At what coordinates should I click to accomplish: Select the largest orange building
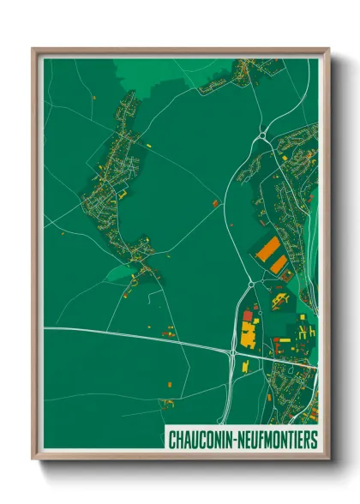coord(268,249)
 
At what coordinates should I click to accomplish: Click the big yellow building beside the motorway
coord(249,332)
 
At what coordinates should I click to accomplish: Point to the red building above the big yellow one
coord(249,316)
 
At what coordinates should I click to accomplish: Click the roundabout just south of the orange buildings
coord(249,283)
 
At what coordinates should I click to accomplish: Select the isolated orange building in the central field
coord(215,202)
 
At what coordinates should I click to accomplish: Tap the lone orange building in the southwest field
coord(168,401)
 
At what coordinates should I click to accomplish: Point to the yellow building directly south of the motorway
coord(245,366)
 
